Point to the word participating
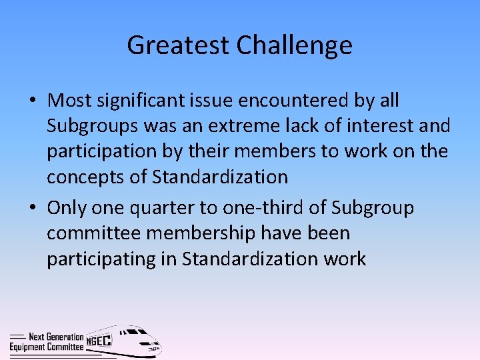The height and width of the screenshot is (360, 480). [x=100, y=259]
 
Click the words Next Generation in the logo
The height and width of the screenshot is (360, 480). [x=56, y=337]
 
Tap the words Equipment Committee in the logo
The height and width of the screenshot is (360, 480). [x=47, y=347]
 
